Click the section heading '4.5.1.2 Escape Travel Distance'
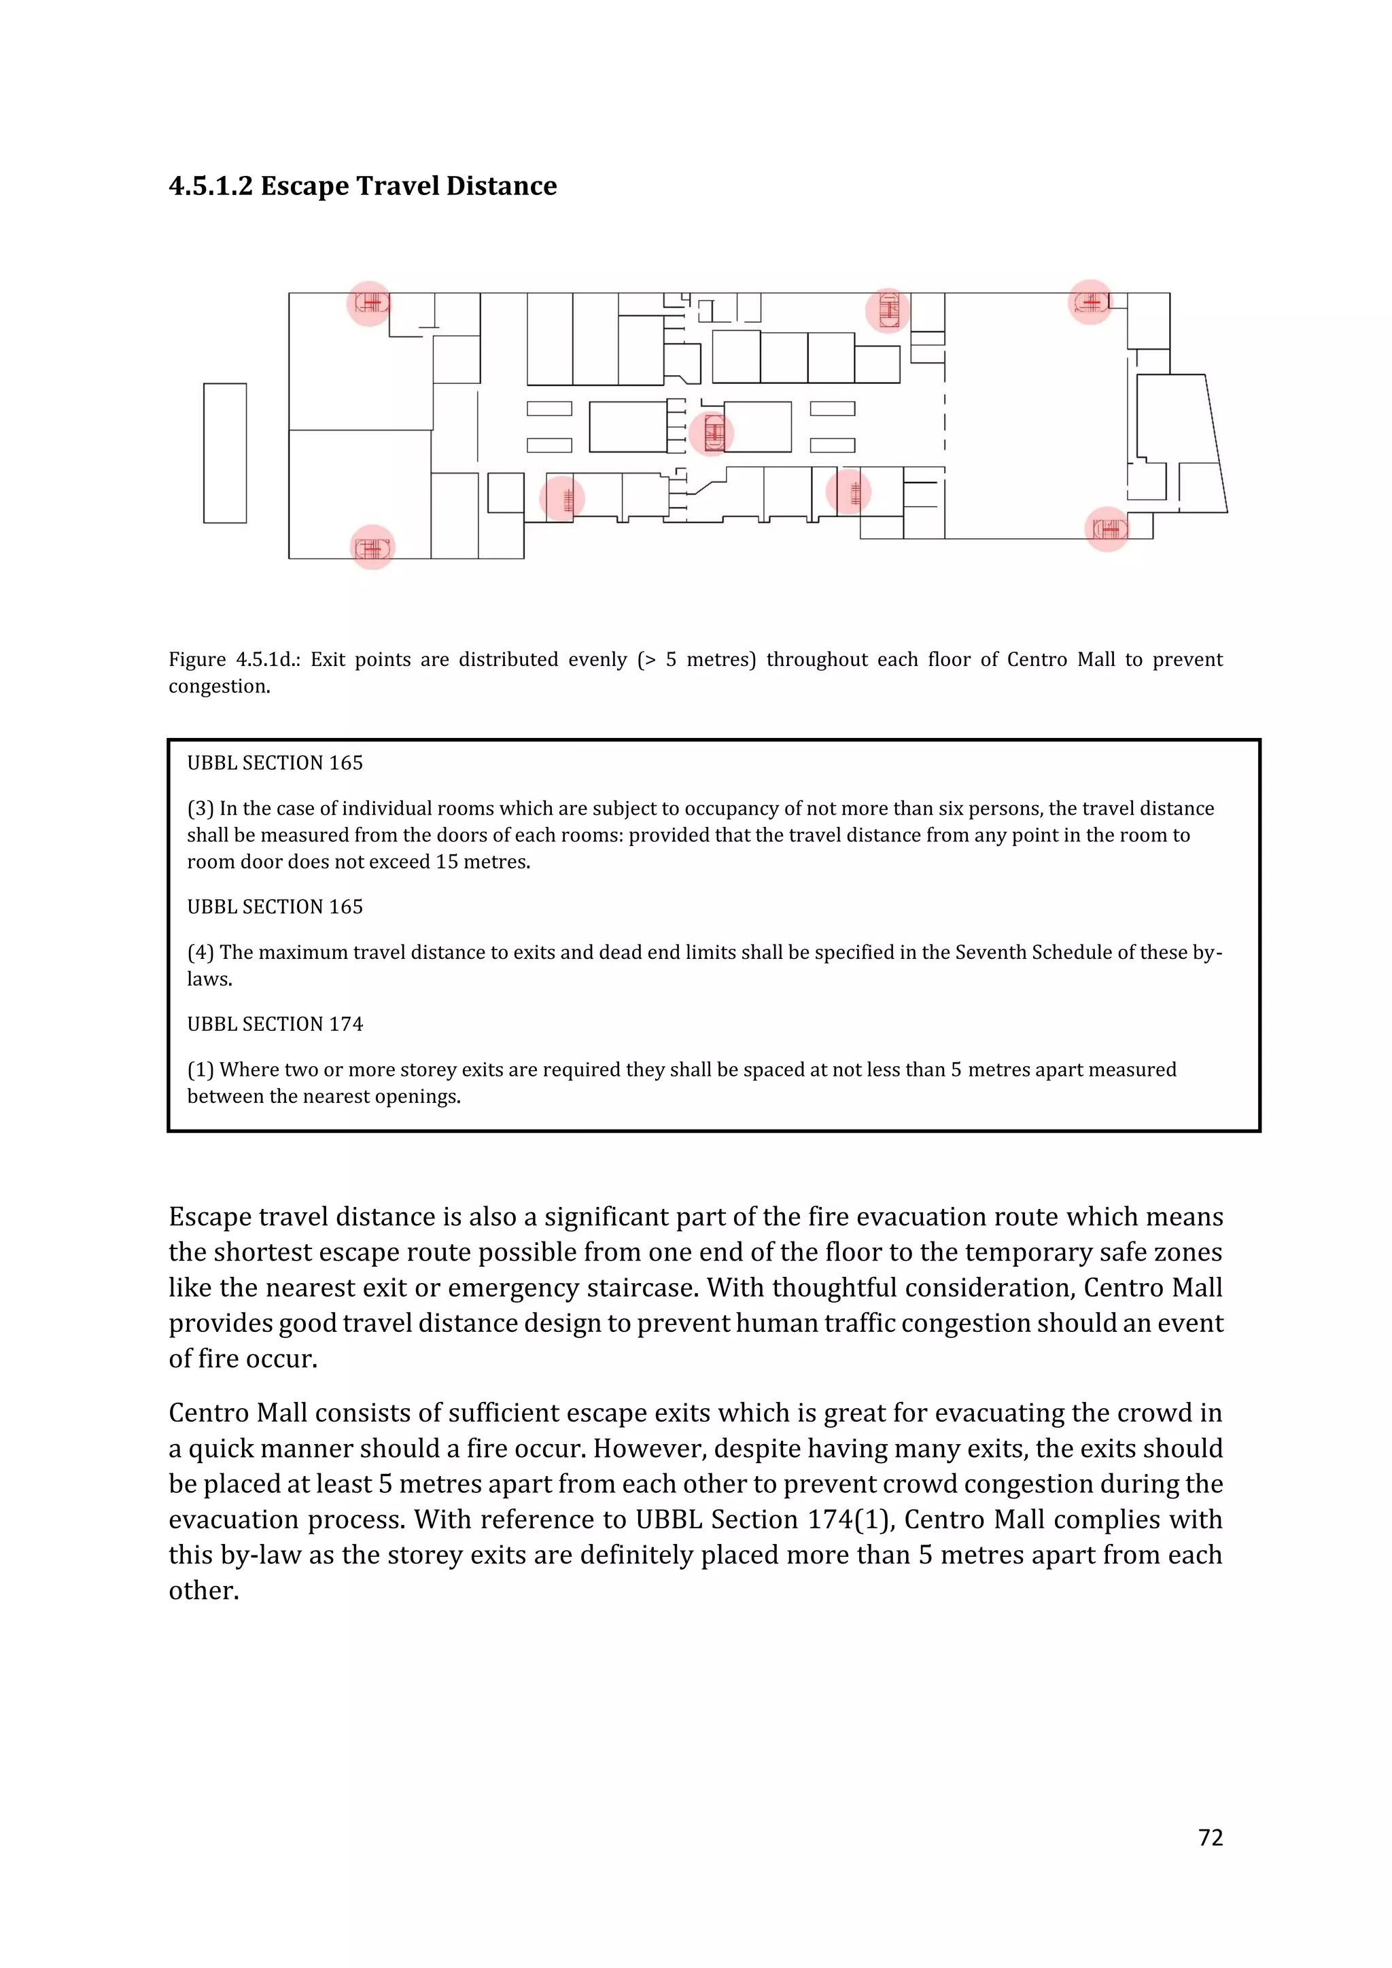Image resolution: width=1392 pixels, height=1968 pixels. coord(362,186)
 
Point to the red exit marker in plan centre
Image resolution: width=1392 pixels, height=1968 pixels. coord(712,433)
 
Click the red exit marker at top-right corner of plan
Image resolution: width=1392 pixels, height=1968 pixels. coord(1090,302)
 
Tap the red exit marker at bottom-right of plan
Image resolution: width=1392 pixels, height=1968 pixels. coord(1107,529)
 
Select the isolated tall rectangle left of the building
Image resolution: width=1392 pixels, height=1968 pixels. coord(224,453)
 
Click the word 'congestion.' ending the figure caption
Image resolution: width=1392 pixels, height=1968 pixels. coord(220,686)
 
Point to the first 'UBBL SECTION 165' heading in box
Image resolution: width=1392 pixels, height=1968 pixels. coord(275,763)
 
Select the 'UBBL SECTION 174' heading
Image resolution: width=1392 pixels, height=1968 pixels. coord(275,1024)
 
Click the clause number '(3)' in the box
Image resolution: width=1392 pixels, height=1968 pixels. coord(201,808)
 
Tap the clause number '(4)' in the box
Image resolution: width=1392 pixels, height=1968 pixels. coord(201,952)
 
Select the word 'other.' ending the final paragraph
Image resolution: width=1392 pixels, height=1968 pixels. coord(204,1590)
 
